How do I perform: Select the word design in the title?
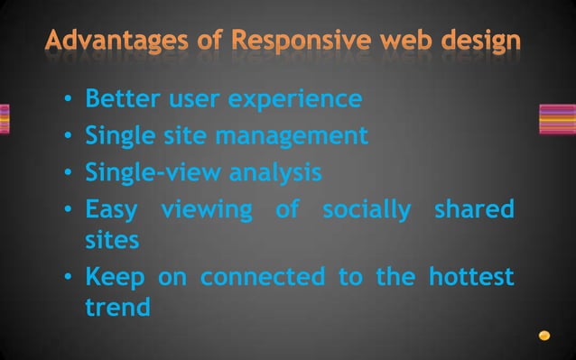tap(478, 42)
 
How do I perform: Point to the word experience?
tap(294, 98)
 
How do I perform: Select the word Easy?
tap(111, 209)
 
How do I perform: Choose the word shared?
tap(474, 209)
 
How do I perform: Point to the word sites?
tap(112, 240)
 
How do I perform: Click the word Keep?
tap(113, 276)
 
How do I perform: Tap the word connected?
tap(261, 276)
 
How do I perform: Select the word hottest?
tap(470, 276)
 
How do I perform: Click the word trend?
tap(117, 307)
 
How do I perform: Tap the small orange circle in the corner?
tap(544, 336)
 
